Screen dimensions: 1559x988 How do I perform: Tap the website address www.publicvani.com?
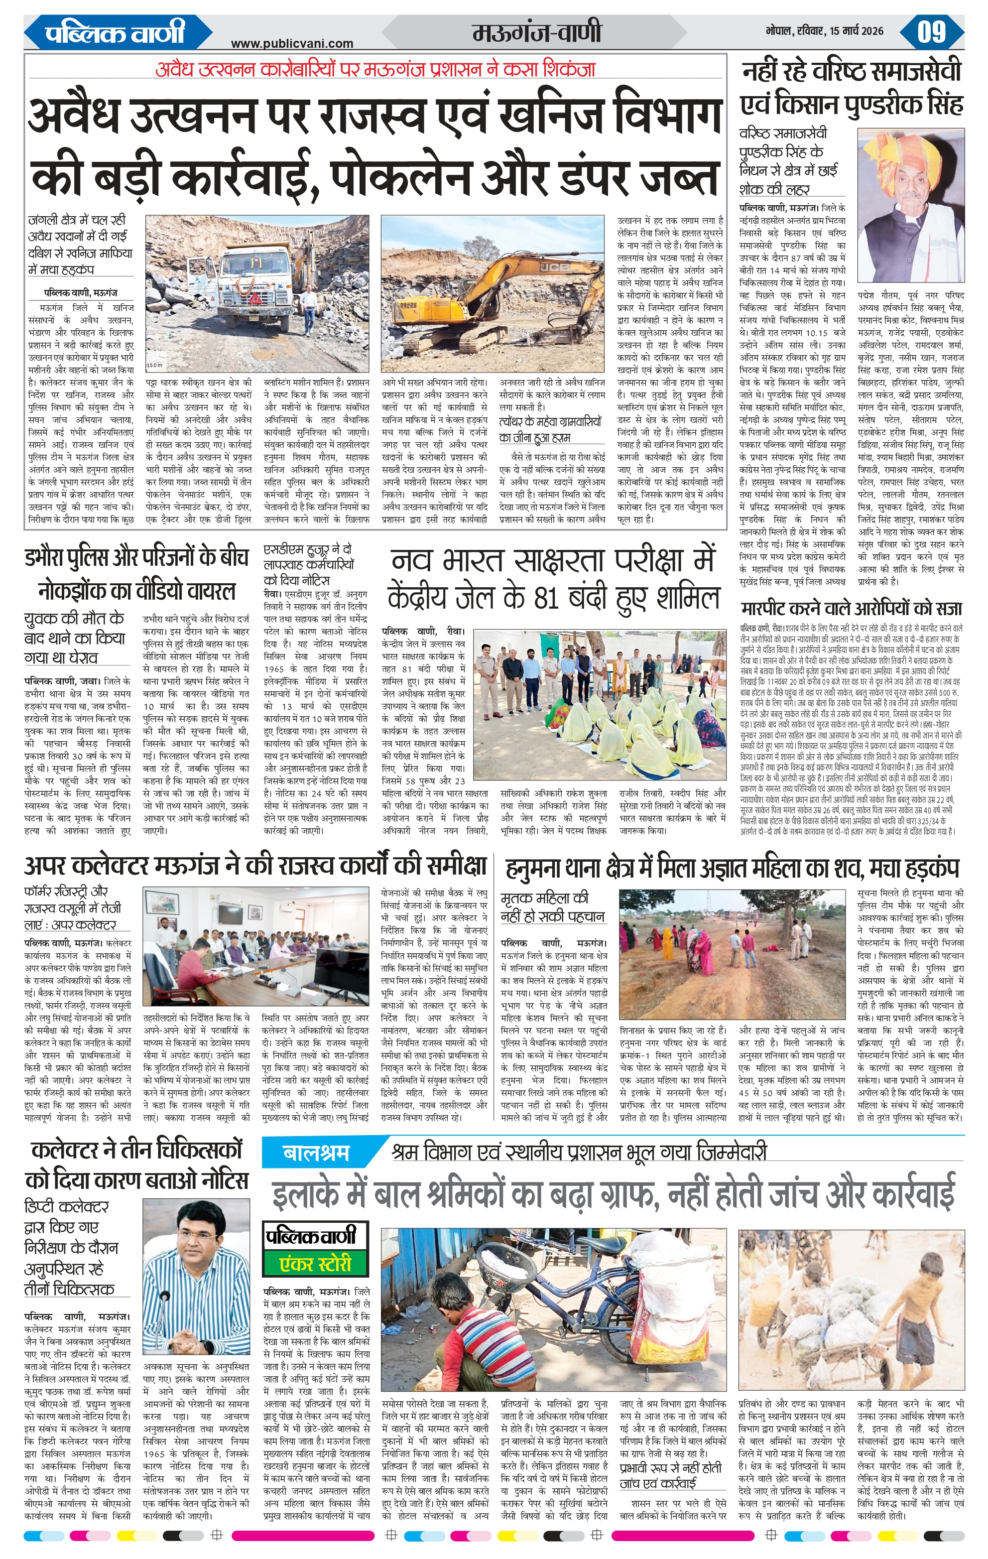click(x=292, y=44)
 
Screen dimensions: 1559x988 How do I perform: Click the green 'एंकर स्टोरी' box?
click(x=315, y=1264)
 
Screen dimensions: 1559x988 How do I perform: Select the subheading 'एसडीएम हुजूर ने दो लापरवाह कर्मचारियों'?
click(x=308, y=564)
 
